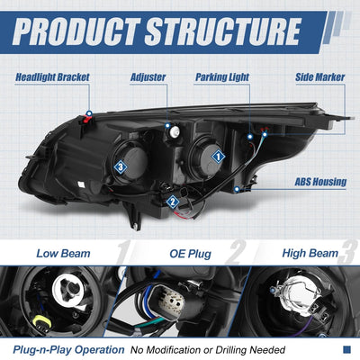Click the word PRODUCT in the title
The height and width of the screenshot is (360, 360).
pyautogui.click(x=76, y=31)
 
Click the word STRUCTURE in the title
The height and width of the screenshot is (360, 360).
pyautogui.click(x=222, y=31)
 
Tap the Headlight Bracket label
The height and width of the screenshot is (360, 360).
pyautogui.click(x=52, y=77)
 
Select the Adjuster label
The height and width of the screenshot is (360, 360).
pyautogui.click(x=148, y=77)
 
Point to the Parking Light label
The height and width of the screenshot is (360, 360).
pyautogui.click(x=222, y=77)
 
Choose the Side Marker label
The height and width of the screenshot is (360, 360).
pyautogui.click(x=320, y=77)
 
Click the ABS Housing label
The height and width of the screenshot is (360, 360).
pyautogui.click(x=320, y=182)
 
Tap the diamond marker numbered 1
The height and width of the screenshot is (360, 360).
pyautogui.click(x=218, y=157)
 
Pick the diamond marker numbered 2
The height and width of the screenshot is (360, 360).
pyautogui.click(x=173, y=202)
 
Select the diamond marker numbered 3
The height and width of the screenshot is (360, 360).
pyautogui.click(x=121, y=167)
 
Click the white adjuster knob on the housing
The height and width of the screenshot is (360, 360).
pyautogui.click(x=175, y=130)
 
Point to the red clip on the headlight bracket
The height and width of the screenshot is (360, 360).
pyautogui.click(x=86, y=120)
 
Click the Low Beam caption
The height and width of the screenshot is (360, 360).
pyautogui.click(x=63, y=254)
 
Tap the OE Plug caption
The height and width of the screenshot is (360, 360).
pyautogui.click(x=190, y=254)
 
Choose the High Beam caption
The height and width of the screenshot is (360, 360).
pyautogui.click(x=310, y=254)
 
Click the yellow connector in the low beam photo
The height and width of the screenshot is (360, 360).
pyautogui.click(x=40, y=322)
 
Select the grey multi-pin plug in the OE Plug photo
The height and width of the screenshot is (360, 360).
pyautogui.click(x=170, y=301)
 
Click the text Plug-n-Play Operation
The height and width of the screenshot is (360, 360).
pyautogui.click(x=68, y=350)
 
